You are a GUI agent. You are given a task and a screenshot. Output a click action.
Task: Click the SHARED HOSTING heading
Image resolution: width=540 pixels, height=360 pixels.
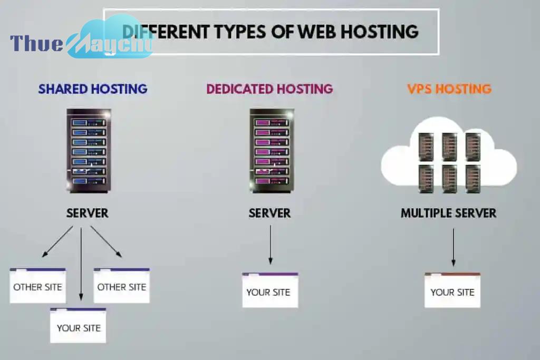pyautogui.click(x=93, y=89)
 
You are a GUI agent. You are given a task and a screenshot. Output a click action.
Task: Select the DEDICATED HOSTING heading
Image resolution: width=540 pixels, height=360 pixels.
pyautogui.click(x=269, y=89)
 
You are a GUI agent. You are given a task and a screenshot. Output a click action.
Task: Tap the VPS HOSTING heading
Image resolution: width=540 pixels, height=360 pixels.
pyautogui.click(x=449, y=89)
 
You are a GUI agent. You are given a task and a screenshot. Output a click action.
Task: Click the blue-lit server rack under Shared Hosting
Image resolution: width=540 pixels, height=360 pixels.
pyautogui.click(x=89, y=151)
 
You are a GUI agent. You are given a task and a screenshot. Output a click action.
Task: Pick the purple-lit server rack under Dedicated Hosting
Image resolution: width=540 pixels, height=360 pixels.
pyautogui.click(x=272, y=151)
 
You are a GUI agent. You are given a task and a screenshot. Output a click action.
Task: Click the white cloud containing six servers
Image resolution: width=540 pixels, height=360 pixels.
pyautogui.click(x=449, y=155)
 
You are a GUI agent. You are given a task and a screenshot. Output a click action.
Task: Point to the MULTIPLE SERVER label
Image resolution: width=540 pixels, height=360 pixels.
pyautogui.click(x=448, y=213)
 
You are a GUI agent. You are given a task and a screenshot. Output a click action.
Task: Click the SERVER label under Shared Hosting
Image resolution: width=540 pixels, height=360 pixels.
pyautogui.click(x=88, y=213)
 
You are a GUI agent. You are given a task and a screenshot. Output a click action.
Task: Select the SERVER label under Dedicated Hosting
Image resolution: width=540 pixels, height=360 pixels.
pyautogui.click(x=269, y=213)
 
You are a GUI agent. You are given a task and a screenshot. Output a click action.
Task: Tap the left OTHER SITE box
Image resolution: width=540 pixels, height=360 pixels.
pyautogui.click(x=37, y=286)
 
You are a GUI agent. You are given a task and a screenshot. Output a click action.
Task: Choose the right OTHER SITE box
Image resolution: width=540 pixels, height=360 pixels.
pyautogui.click(x=122, y=286)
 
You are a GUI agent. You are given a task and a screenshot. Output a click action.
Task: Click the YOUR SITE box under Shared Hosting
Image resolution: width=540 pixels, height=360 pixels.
pyautogui.click(x=78, y=326)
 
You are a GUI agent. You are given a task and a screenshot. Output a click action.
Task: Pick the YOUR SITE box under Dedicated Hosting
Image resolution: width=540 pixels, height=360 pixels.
pyautogui.click(x=270, y=290)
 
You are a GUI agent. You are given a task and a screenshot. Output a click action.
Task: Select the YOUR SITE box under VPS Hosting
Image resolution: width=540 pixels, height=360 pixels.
pyautogui.click(x=452, y=290)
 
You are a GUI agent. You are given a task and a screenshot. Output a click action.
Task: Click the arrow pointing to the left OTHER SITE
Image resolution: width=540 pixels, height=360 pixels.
pyautogui.click(x=57, y=241)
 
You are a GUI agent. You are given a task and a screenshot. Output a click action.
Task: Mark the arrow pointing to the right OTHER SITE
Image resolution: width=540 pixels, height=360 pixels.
pyautogui.click(x=106, y=241)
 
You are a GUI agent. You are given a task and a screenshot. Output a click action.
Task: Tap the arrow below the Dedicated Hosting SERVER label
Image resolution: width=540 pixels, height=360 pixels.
pyautogui.click(x=271, y=245)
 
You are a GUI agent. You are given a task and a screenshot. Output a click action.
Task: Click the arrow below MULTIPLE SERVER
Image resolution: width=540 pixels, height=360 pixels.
pyautogui.click(x=453, y=247)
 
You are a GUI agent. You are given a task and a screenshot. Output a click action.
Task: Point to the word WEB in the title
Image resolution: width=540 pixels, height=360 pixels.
pyautogui.click(x=317, y=32)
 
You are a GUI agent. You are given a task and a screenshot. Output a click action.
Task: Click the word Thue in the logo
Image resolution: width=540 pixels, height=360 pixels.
pyautogui.click(x=36, y=43)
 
